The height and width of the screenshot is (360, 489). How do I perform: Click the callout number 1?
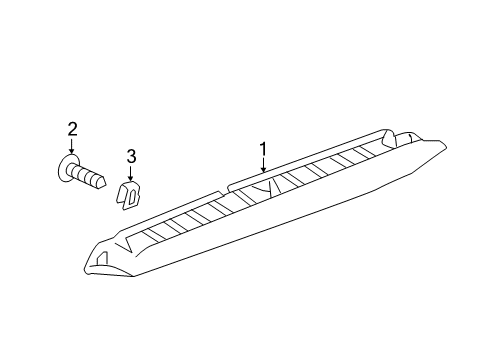(263, 149)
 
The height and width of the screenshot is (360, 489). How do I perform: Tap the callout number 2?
(71, 128)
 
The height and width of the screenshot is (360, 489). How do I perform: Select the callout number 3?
(130, 156)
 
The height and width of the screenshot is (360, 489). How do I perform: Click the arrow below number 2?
(71, 147)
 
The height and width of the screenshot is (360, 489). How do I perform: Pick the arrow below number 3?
(130, 176)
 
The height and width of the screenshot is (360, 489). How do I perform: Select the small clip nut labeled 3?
(128, 196)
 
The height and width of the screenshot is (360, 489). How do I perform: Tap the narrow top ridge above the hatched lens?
(310, 156)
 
